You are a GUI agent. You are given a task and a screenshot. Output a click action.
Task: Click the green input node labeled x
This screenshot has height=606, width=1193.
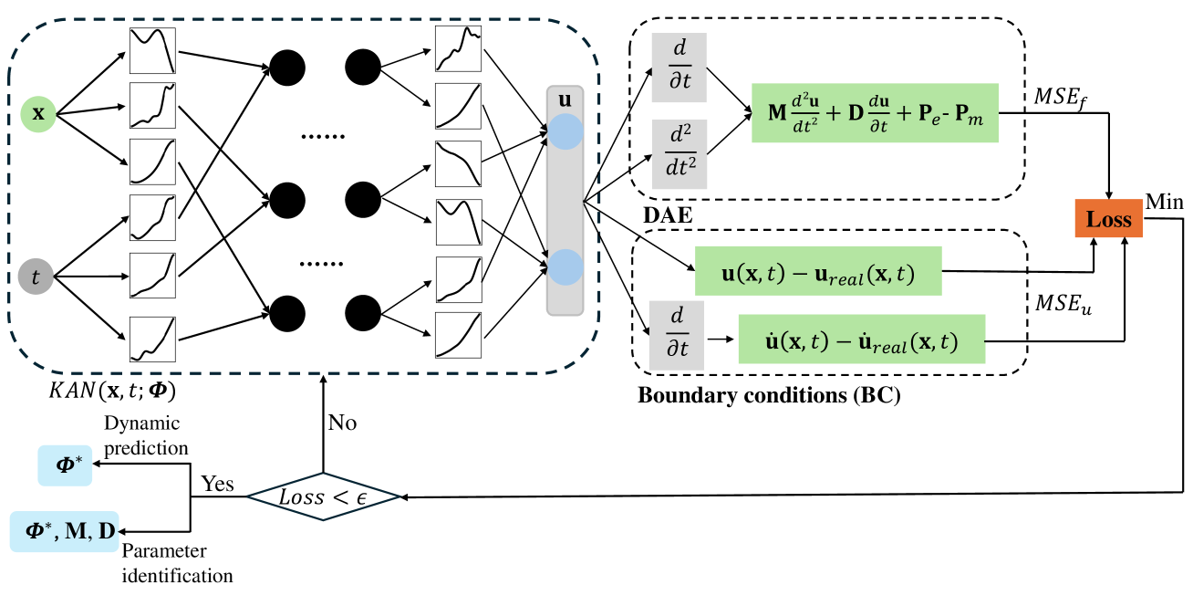(37, 113)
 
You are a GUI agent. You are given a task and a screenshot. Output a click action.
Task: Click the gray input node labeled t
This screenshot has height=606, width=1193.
(36, 277)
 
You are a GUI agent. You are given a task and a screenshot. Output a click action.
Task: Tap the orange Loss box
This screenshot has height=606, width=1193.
(1108, 219)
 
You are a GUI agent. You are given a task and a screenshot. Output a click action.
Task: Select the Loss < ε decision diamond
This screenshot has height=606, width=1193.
(323, 496)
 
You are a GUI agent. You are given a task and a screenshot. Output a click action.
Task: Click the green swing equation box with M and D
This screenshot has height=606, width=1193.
(875, 112)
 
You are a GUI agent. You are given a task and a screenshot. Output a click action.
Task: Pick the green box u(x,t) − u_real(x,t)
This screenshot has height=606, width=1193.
(818, 271)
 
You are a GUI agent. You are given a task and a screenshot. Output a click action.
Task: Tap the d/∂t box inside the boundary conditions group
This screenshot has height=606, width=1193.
(676, 336)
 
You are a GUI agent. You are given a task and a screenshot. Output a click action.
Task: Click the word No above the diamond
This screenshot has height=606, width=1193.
(343, 423)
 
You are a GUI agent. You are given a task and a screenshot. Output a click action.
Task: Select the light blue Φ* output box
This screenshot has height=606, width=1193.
(65, 465)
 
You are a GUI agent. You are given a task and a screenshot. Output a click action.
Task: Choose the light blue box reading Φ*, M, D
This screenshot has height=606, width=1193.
(65, 531)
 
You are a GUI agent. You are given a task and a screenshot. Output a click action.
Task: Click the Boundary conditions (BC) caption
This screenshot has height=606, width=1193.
(769, 395)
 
